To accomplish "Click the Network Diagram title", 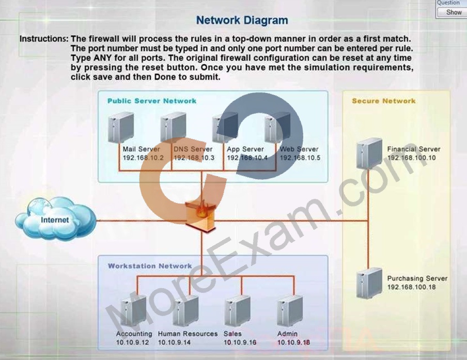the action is [x=242, y=20].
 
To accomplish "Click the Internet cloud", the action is [x=56, y=218].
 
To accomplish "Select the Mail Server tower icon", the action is [x=120, y=128].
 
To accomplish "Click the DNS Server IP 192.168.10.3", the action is [x=194, y=158].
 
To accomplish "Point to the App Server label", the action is [x=245, y=149].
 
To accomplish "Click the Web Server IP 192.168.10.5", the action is [x=300, y=158].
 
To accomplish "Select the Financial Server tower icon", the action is [x=369, y=153].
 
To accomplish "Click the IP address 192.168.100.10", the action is [x=411, y=158].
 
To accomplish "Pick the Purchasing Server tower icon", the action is [x=369, y=283].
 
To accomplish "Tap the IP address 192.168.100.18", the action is [x=411, y=287].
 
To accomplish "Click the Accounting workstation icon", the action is [x=133, y=310].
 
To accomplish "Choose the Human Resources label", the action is [x=188, y=334].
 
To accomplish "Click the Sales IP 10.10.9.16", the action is [x=240, y=342].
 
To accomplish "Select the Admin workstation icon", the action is [x=289, y=310].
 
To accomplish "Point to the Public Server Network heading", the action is [x=152, y=101].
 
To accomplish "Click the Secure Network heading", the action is [x=384, y=101].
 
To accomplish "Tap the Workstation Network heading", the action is [x=150, y=266].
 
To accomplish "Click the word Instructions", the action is [x=44, y=39].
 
